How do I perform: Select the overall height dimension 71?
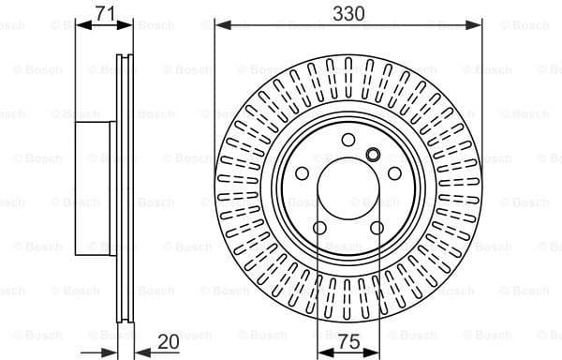(x=106, y=12)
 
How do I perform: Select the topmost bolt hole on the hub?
(x=349, y=140)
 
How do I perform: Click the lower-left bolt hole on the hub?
(x=320, y=229)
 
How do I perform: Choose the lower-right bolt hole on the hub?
(x=377, y=228)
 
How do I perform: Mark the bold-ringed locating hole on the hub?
(x=372, y=157)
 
